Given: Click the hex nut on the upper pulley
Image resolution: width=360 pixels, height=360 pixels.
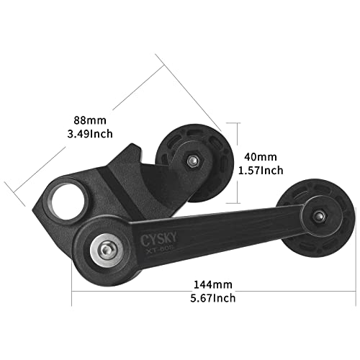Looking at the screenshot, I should pos(192,161).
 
